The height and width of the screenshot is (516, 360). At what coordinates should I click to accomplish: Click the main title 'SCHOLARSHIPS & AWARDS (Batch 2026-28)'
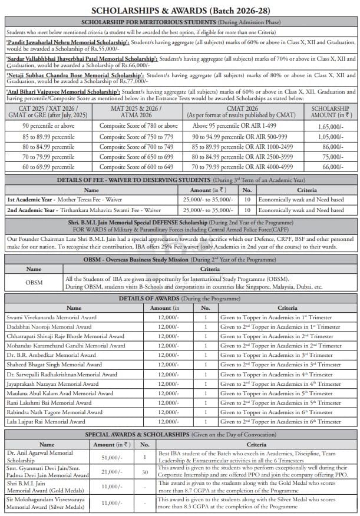pyautogui.click(x=180, y=11)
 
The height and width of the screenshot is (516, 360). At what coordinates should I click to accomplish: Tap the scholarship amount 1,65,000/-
pyautogui.click(x=330, y=126)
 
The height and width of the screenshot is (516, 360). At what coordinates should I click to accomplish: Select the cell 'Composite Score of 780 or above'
pyautogui.click(x=138, y=126)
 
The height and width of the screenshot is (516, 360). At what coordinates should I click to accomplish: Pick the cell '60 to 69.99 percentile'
pyautogui.click(x=49, y=167)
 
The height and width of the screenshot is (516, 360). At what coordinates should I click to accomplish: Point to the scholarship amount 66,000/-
pyautogui.click(x=330, y=167)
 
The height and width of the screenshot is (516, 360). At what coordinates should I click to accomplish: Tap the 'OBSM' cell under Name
pyautogui.click(x=34, y=282)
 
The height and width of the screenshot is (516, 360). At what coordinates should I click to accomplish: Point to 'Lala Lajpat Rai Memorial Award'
pyautogui.click(x=46, y=422)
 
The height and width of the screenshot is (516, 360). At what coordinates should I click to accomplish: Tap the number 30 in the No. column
pyautogui.click(x=144, y=472)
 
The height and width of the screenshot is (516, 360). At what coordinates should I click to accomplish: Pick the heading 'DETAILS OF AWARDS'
pyautogui.click(x=147, y=299)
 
